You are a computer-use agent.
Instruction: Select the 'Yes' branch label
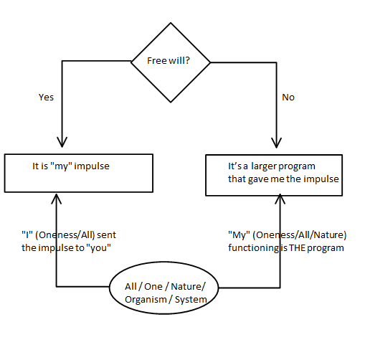tap(46, 97)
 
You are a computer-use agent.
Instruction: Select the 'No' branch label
tap(288, 97)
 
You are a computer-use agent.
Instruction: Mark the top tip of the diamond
tap(171, 23)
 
